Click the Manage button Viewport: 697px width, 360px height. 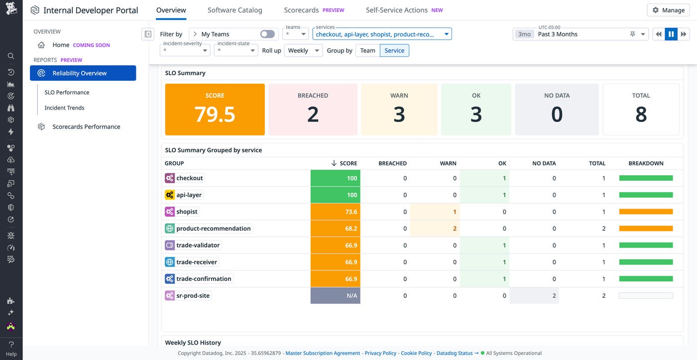pyautogui.click(x=668, y=10)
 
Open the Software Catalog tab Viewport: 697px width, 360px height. pyautogui.click(x=234, y=10)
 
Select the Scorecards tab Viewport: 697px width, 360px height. pyautogui.click(x=301, y=10)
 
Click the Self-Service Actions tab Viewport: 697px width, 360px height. pyautogui.click(x=396, y=10)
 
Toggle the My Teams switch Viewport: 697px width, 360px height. pyautogui.click(x=267, y=34)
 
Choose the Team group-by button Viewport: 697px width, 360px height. pyautogui.click(x=367, y=50)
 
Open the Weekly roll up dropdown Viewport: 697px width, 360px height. pyautogui.click(x=303, y=50)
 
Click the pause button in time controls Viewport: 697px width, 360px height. pyautogui.click(x=671, y=34)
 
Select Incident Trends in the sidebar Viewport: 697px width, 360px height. pyautogui.click(x=64, y=108)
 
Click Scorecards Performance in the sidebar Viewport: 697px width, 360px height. pyautogui.click(x=86, y=126)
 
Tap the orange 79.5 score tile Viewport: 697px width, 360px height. pyautogui.click(x=215, y=110)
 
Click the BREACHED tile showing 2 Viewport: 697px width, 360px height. pyautogui.click(x=313, y=110)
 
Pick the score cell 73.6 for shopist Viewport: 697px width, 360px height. pyautogui.click(x=336, y=212)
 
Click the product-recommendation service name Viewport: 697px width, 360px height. pyautogui.click(x=213, y=229)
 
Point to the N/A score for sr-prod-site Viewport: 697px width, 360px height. pyautogui.click(x=336, y=296)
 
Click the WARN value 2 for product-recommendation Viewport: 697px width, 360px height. pyautogui.click(x=454, y=229)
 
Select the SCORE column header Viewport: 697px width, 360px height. pyautogui.click(x=348, y=163)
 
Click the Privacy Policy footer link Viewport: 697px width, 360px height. pyautogui.click(x=380, y=353)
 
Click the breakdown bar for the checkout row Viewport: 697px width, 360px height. pyautogui.click(x=646, y=178)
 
